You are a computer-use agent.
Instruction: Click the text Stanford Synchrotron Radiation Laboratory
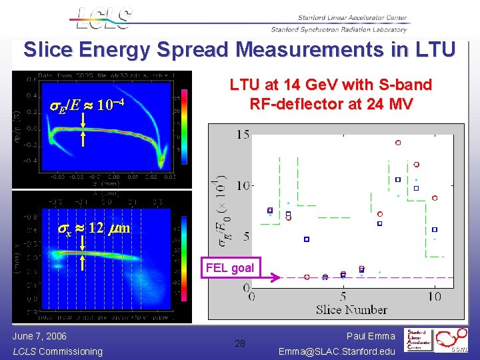pos(338,29)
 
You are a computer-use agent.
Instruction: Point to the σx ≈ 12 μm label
pos(91,228)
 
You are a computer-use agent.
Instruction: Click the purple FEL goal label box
pos(229,268)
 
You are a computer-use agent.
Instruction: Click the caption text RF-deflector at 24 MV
pos(331,104)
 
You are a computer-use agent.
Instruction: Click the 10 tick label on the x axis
pos(434,296)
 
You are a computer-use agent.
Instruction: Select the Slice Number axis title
pos(351,309)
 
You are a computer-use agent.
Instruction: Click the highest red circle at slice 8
pos(398,143)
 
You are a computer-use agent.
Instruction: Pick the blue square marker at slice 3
pos(307,239)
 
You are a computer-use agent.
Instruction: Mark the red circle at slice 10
pos(434,198)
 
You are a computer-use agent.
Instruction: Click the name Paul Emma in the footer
pos(372,336)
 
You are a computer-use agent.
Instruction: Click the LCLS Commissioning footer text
pos(58,351)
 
